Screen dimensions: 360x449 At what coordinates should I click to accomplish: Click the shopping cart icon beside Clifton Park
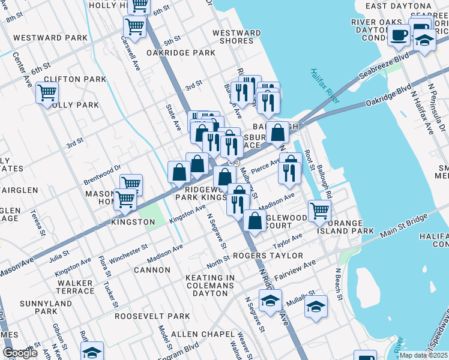[47, 93]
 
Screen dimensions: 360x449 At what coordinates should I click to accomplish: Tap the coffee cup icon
[398, 35]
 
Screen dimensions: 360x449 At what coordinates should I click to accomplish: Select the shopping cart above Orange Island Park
[319, 210]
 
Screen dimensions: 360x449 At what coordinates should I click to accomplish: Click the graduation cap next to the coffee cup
[425, 40]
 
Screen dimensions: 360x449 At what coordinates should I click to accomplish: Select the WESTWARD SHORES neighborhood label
[237, 37]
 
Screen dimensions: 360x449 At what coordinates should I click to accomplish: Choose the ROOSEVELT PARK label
[144, 316]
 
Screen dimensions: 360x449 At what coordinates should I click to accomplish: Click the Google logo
[19, 353]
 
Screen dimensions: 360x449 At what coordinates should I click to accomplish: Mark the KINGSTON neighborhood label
[133, 222]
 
